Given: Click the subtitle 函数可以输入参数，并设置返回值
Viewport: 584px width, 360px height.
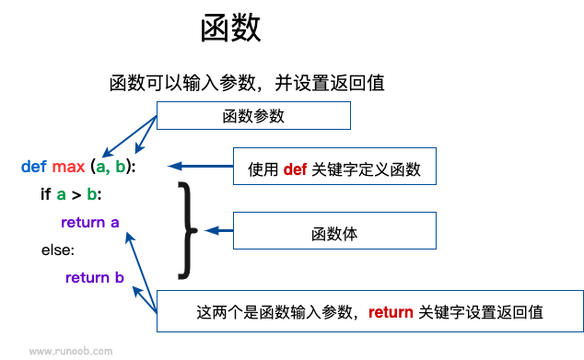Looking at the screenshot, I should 246,83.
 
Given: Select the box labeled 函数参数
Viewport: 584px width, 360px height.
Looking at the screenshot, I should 253,116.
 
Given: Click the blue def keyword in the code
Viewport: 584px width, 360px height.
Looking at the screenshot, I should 33,167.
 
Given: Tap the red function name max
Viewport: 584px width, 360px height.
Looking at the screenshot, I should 67,167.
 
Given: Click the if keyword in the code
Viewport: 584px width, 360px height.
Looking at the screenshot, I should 46,194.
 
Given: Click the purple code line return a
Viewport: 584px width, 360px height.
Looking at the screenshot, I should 90,222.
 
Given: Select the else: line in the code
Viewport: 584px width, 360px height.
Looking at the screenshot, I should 57,250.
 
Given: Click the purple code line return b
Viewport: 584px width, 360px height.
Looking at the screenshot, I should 95,277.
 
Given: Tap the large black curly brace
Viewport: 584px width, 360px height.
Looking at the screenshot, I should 187,229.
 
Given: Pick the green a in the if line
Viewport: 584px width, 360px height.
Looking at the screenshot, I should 61,194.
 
